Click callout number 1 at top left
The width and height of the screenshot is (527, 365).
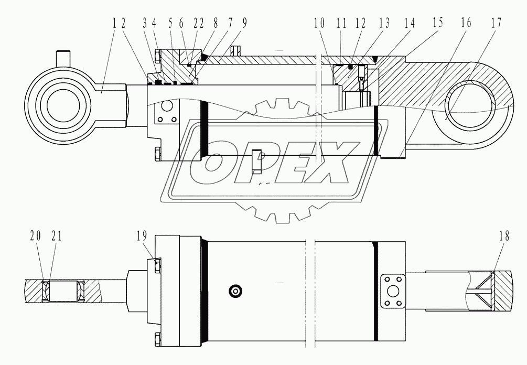(x=114, y=24)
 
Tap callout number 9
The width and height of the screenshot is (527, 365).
(x=245, y=24)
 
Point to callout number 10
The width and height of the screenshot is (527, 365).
(x=319, y=24)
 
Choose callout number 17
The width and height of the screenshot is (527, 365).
(x=496, y=24)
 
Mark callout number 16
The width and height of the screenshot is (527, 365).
(x=466, y=24)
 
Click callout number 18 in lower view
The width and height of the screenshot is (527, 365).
(x=504, y=237)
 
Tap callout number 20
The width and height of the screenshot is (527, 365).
(x=35, y=237)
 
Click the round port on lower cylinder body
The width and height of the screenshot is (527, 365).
(x=234, y=291)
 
